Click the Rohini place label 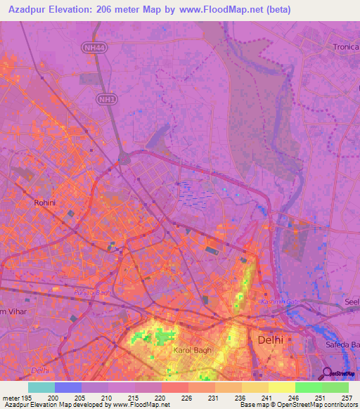pyautogui.click(x=44, y=202)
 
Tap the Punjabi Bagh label pyautogui.click(x=92, y=291)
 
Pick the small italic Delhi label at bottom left pyautogui.click(x=41, y=370)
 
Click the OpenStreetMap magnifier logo pyautogui.click(x=328, y=372)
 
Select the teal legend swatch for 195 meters pyautogui.click(x=41, y=387)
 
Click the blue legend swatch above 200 pyautogui.click(x=68, y=387)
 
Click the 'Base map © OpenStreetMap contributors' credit pyautogui.click(x=299, y=405)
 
